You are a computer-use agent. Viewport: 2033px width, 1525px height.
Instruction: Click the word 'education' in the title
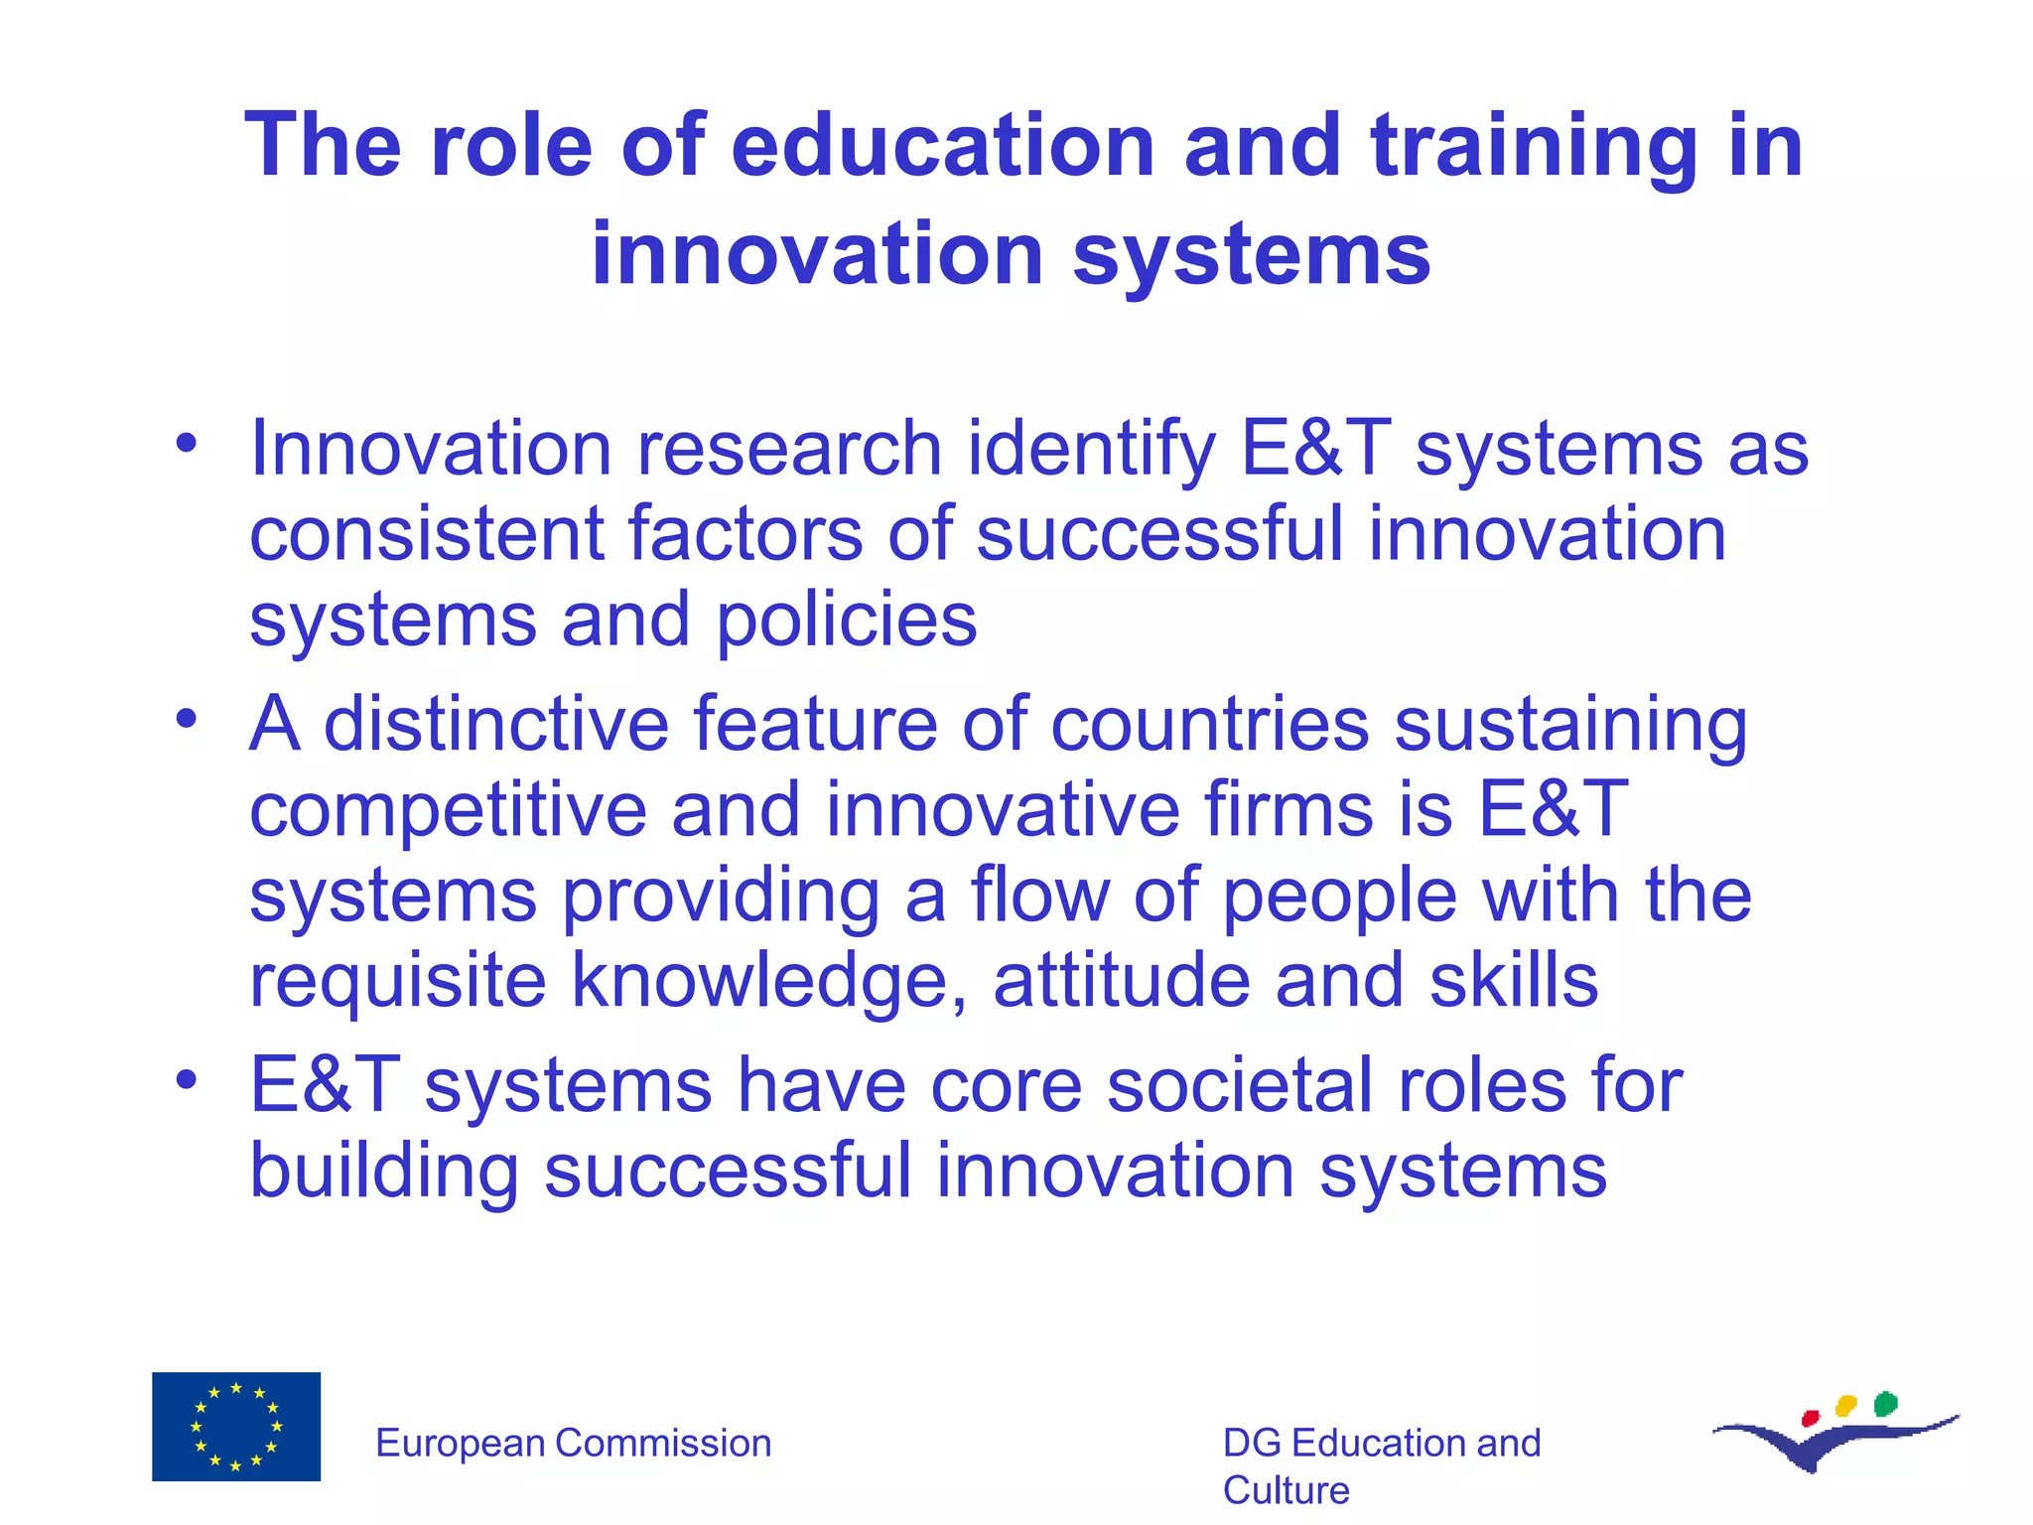pos(942,146)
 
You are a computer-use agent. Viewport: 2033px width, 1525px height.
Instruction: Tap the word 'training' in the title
pos(1534,146)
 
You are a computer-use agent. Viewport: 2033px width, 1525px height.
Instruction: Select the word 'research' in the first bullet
pos(788,449)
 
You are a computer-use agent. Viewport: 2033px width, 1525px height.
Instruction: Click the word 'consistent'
pos(426,534)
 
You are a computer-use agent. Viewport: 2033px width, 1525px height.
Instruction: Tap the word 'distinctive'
pos(496,724)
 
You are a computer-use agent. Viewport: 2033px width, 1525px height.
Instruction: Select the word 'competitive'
pos(448,809)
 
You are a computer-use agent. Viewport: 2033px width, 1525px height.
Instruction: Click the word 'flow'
pos(1038,895)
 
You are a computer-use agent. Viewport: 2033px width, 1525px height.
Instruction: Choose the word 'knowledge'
pos(768,981)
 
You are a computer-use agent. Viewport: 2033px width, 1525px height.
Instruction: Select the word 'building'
pos(383,1171)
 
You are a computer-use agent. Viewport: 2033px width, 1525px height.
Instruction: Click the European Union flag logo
pos(236,1427)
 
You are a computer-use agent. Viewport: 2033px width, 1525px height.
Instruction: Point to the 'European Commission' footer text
pos(573,1444)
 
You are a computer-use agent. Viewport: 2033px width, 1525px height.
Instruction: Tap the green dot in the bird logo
pos(1885,1404)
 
